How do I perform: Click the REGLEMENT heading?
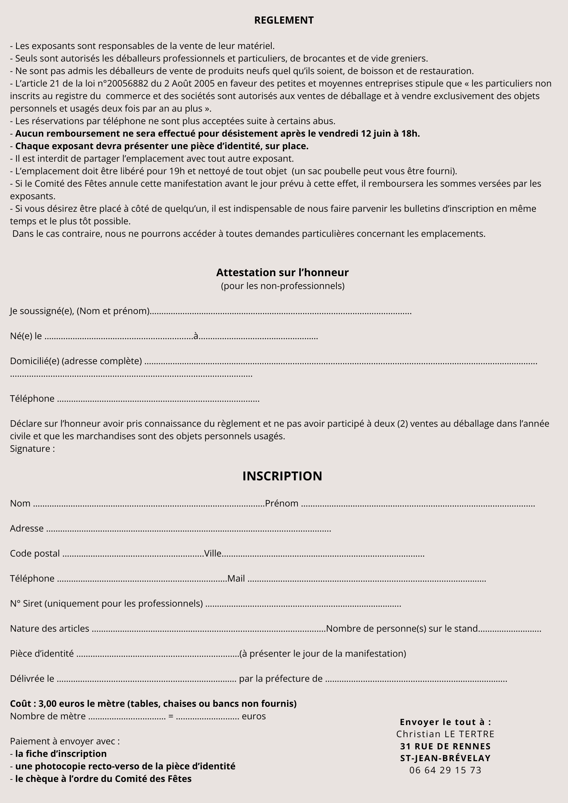pos(284,20)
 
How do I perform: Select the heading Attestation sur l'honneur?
pos(282,273)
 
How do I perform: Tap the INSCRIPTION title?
pos(282,476)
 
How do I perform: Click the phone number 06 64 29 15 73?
pos(446,770)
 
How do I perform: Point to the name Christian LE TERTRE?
pos(445,734)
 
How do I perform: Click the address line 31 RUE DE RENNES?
pos(446,746)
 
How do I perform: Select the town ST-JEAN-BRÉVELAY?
pos(446,758)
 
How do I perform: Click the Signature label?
pos(32,449)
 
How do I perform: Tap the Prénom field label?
pos(282,504)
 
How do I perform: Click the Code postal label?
pos(35,554)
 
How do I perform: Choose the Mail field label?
pos(236,579)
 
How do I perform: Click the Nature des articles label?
pos(50,629)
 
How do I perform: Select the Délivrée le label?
pos(32,679)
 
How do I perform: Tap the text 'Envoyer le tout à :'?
pos(446,722)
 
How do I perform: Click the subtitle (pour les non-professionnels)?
pos(283,286)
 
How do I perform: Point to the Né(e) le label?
pos(26,336)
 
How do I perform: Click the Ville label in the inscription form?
pos(213,554)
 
